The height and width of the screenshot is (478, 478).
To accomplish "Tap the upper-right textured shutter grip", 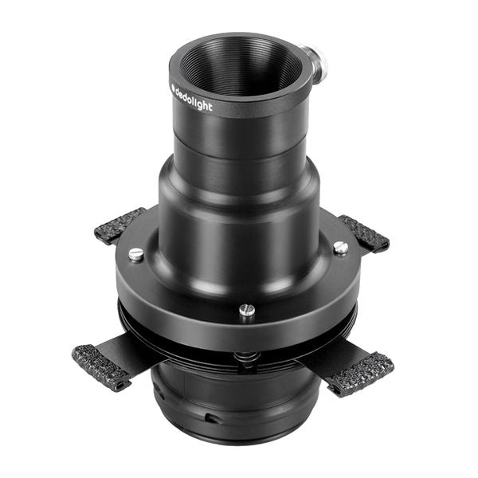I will point(365,233).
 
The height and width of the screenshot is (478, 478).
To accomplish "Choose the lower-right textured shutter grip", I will point(359,374).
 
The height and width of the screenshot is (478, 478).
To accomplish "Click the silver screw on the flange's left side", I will point(136,254).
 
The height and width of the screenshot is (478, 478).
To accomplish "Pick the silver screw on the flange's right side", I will point(340,248).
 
